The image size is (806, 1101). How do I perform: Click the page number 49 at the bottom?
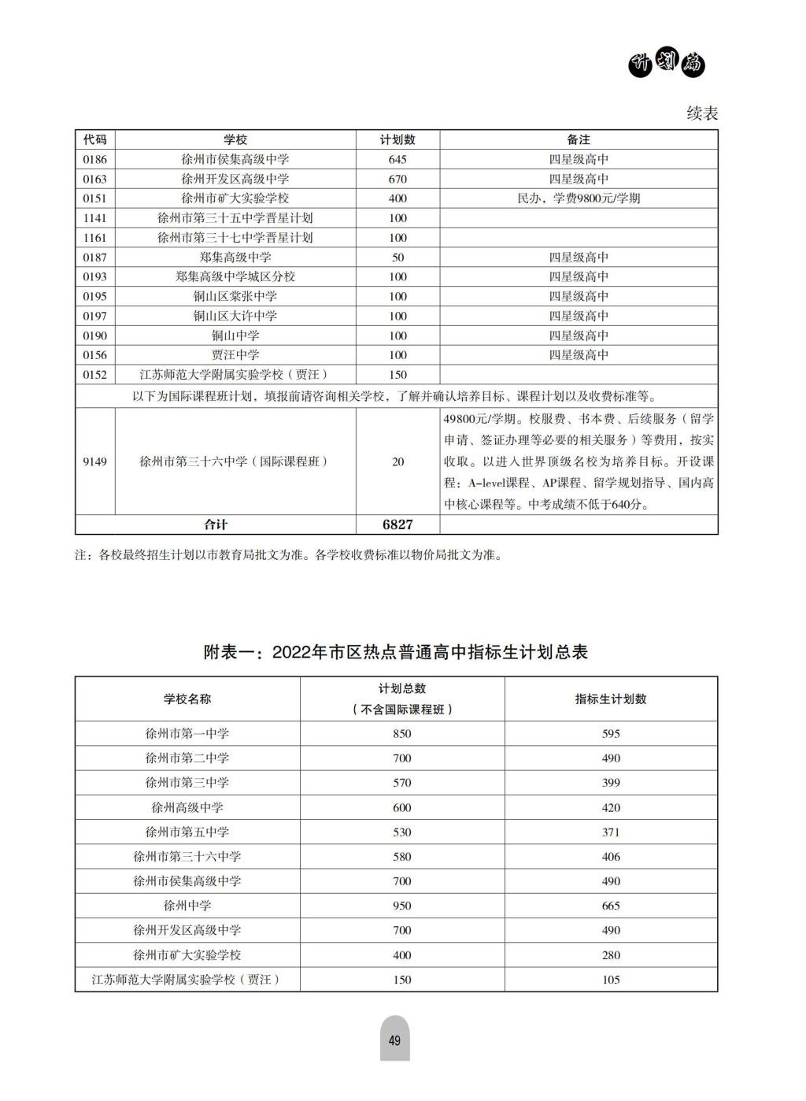pyautogui.click(x=394, y=1040)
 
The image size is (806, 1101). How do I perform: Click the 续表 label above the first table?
pyautogui.click(x=702, y=113)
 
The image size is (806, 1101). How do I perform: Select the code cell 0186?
pyautogui.click(x=94, y=159)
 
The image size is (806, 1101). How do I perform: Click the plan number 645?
pyautogui.click(x=397, y=159)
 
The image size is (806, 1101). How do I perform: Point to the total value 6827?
pyautogui.click(x=397, y=525)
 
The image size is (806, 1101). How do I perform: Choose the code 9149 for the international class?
pyautogui.click(x=94, y=462)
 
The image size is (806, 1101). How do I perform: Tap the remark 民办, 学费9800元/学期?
pyautogui.click(x=579, y=198)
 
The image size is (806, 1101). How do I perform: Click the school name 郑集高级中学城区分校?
pyautogui.click(x=235, y=276)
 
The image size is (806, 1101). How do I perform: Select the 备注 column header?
pyautogui.click(x=579, y=139)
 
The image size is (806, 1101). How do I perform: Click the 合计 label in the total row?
pyautogui.click(x=215, y=525)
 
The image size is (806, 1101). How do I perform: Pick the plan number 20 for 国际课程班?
pyautogui.click(x=397, y=462)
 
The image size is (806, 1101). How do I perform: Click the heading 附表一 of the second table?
pyautogui.click(x=396, y=652)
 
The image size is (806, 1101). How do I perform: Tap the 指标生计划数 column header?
pyautogui.click(x=611, y=699)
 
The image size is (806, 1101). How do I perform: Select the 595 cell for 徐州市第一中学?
pyautogui.click(x=611, y=733)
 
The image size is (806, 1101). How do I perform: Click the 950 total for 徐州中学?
pyautogui.click(x=401, y=906)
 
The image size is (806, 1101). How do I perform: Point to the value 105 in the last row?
pyautogui.click(x=611, y=980)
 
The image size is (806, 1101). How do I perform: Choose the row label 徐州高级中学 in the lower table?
pyautogui.click(x=187, y=807)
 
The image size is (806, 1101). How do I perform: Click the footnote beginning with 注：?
pyautogui.click(x=288, y=555)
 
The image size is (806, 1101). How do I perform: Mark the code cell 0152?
pyautogui.click(x=94, y=375)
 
